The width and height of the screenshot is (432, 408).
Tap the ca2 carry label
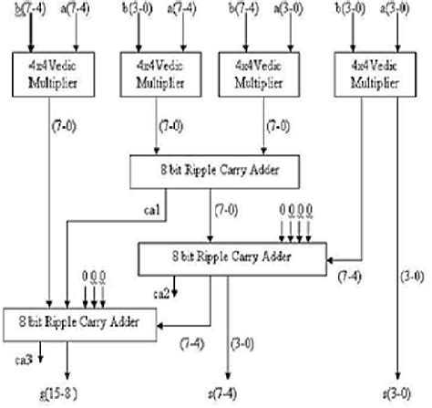point(161,292)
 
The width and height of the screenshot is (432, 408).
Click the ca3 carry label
point(26,360)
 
